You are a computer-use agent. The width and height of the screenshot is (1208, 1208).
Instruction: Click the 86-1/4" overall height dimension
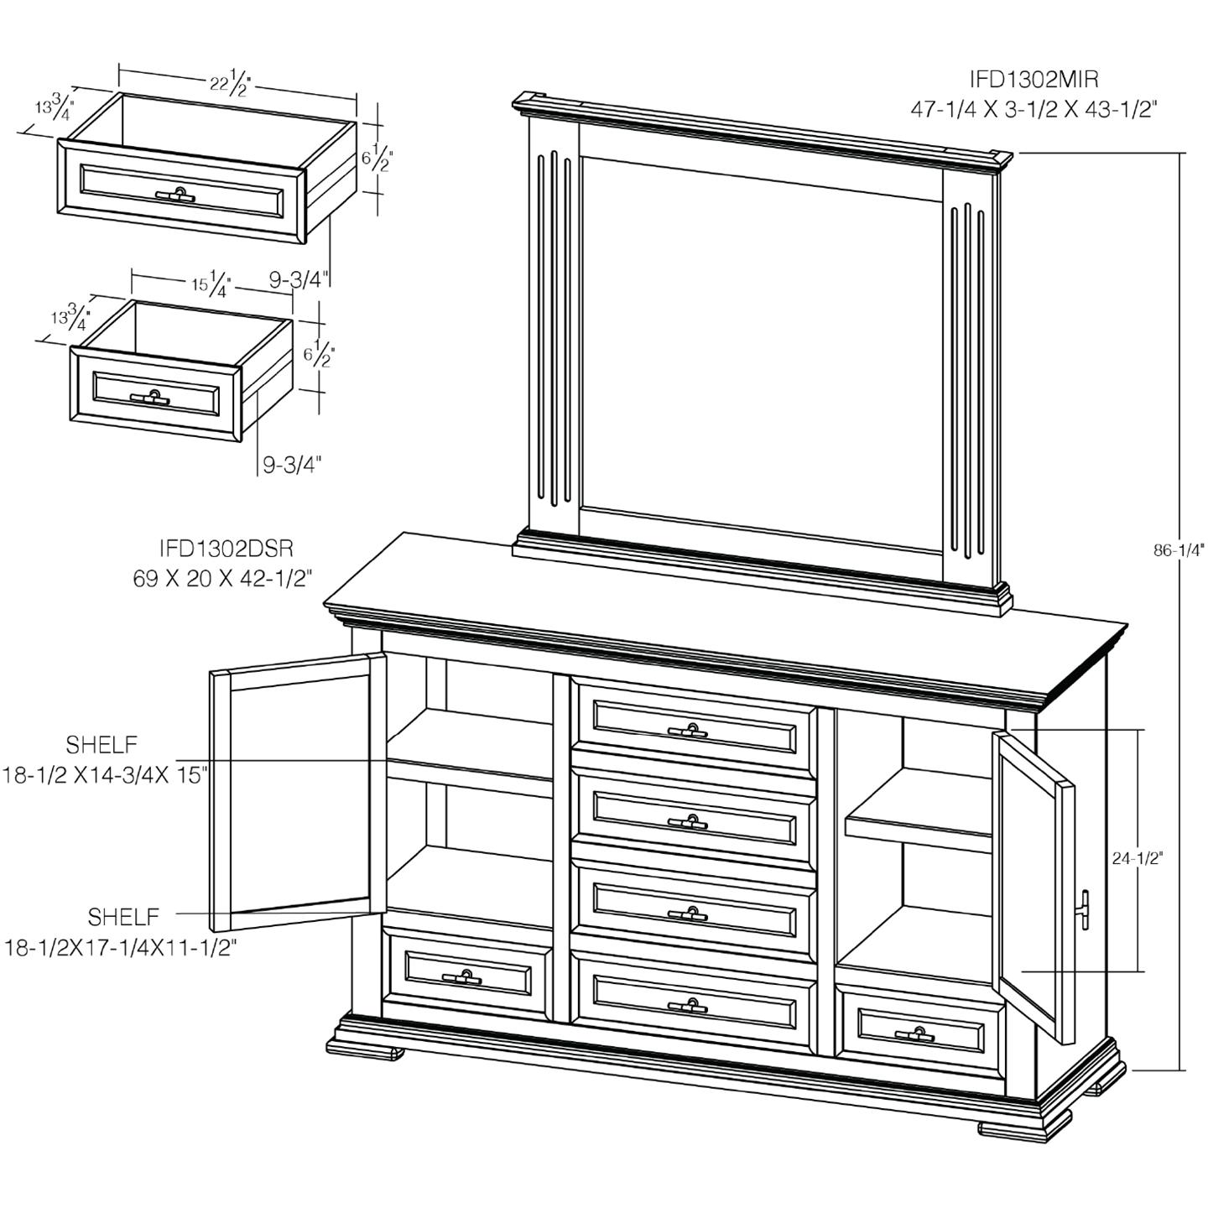pyautogui.click(x=1178, y=550)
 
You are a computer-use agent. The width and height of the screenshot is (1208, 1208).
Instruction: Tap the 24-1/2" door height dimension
pyautogui.click(x=1137, y=858)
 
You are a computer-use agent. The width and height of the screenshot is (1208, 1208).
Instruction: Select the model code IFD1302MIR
pyautogui.click(x=1034, y=79)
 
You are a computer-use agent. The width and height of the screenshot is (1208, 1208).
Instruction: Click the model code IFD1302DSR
pyautogui.click(x=226, y=549)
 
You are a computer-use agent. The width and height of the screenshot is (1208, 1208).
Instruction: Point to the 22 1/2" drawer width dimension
pyautogui.click(x=230, y=83)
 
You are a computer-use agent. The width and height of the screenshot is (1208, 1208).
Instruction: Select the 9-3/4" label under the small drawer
pyautogui.click(x=291, y=464)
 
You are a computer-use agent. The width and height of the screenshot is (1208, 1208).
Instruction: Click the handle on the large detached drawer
pyautogui.click(x=176, y=195)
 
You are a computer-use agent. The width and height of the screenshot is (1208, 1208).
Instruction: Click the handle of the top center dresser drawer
pyautogui.click(x=692, y=729)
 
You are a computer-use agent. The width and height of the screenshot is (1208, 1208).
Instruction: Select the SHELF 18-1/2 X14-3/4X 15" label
pyautogui.click(x=105, y=760)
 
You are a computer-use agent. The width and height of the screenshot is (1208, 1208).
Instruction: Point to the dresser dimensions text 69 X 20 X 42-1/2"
pyautogui.click(x=222, y=578)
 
